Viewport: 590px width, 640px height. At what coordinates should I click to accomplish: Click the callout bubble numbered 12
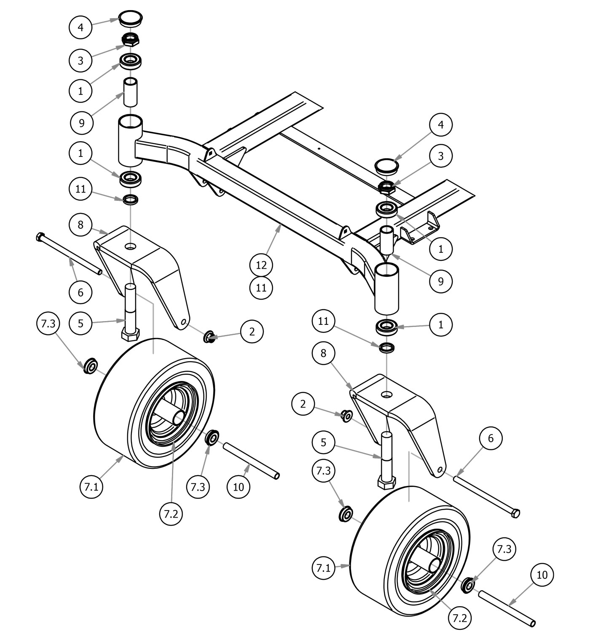click(x=261, y=265)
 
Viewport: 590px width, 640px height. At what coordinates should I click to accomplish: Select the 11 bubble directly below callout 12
click(x=261, y=288)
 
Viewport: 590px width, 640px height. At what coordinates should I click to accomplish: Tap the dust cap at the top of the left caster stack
click(x=130, y=19)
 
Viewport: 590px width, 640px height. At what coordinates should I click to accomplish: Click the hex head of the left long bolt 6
click(x=40, y=237)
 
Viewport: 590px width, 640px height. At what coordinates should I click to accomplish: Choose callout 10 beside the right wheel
click(x=542, y=575)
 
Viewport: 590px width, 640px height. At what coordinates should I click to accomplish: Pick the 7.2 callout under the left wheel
click(x=171, y=513)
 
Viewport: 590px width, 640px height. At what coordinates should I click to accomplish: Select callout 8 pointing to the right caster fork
click(x=323, y=353)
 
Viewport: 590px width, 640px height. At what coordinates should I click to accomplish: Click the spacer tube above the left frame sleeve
click(x=131, y=92)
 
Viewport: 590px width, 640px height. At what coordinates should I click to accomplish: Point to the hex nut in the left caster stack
click(x=131, y=40)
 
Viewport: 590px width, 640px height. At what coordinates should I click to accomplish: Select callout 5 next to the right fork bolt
click(x=324, y=443)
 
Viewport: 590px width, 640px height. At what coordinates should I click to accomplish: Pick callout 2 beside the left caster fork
click(x=252, y=332)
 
